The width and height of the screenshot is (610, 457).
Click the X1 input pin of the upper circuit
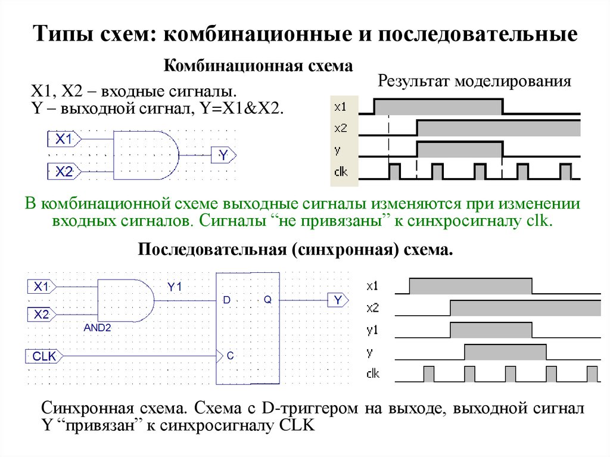pos(64,139)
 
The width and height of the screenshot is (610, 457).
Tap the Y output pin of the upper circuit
pos(224,156)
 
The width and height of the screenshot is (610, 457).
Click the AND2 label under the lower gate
pos(97,327)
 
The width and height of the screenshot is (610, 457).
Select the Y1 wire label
pos(173,287)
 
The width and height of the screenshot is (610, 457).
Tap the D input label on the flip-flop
pos(226,300)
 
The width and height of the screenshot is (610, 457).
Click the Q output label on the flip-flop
pos(267,300)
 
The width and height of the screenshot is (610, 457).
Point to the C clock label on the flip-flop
pos(231,356)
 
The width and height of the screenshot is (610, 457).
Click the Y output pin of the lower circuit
pos(337,300)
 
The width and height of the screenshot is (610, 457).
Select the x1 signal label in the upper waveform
pos(341,107)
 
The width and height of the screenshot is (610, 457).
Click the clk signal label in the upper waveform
pos(341,172)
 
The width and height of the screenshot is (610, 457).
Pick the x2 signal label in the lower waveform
pos(373,308)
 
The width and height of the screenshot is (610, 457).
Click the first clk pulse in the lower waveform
pos(429,374)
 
